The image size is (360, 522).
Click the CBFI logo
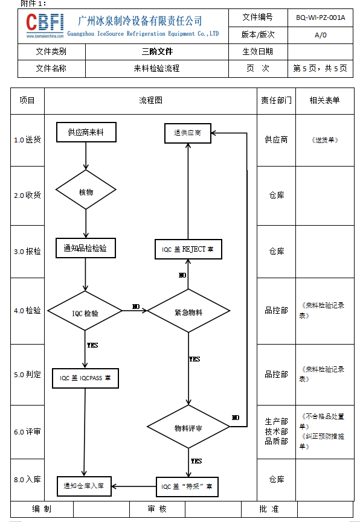45,25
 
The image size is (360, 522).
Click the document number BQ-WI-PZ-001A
320,18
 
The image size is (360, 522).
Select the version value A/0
320,35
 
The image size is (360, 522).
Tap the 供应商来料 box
86,132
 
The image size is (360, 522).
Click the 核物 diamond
86,189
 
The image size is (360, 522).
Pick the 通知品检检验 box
85,248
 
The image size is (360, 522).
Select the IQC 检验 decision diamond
85,311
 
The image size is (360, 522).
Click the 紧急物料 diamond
188,311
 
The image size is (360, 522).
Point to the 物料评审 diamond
188,427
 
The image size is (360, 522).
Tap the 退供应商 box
188,133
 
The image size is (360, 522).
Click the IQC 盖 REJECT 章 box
188,249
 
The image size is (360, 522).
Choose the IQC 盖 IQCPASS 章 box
85,378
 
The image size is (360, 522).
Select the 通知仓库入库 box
84,486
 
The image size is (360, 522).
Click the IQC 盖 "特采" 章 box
187,487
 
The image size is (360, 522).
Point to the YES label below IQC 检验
92,345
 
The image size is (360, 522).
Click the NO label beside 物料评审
236,418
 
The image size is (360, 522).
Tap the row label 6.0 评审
27,432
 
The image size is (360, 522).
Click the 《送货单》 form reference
325,140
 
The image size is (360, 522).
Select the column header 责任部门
276,100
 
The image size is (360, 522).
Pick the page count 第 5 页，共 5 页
320,69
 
